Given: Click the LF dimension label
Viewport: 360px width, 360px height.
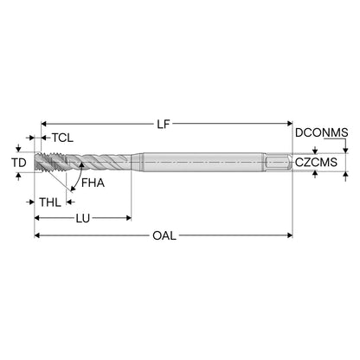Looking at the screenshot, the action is pyautogui.click(x=164, y=125).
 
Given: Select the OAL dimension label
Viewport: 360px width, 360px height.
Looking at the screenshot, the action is pyautogui.click(x=164, y=235).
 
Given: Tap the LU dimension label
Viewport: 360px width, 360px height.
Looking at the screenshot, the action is pyautogui.click(x=83, y=218).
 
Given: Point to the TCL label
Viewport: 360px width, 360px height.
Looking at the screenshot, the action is pyautogui.click(x=62, y=138).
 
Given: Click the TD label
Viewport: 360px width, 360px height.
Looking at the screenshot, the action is pyautogui.click(x=19, y=163).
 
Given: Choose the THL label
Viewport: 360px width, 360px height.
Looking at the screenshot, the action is pyautogui.click(x=50, y=202).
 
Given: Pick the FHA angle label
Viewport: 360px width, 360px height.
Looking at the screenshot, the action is pyautogui.click(x=93, y=183).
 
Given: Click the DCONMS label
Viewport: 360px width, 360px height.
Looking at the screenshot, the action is pyautogui.click(x=322, y=132).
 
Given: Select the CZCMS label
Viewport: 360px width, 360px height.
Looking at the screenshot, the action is pyautogui.click(x=316, y=163).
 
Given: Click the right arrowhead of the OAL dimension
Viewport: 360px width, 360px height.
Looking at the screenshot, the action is pyautogui.click(x=290, y=235).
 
